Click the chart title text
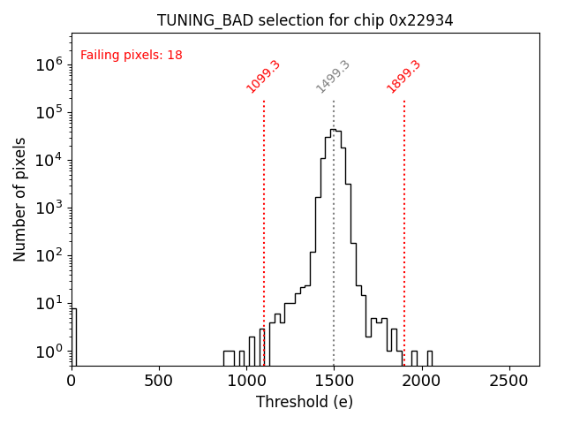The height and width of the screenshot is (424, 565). tap(305, 20)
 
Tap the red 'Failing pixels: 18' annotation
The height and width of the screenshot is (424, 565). tap(132, 56)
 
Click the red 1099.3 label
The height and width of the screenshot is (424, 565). tap(263, 77)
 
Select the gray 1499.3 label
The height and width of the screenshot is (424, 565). tap(333, 77)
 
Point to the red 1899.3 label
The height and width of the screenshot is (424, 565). tap(403, 77)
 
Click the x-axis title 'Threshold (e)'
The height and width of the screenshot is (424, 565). tap(305, 402)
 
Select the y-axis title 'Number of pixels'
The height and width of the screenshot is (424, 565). tap(20, 199)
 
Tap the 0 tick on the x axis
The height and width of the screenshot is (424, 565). tap(72, 381)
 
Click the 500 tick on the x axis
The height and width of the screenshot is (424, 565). tap(159, 381)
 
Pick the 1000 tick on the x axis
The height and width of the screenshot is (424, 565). tap(246, 381)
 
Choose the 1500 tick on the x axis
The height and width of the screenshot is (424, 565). tap(334, 381)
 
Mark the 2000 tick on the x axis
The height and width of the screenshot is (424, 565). tap(421, 381)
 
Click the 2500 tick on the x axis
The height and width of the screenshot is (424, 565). tap(508, 381)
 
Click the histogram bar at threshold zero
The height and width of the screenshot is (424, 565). tap(74, 340)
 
